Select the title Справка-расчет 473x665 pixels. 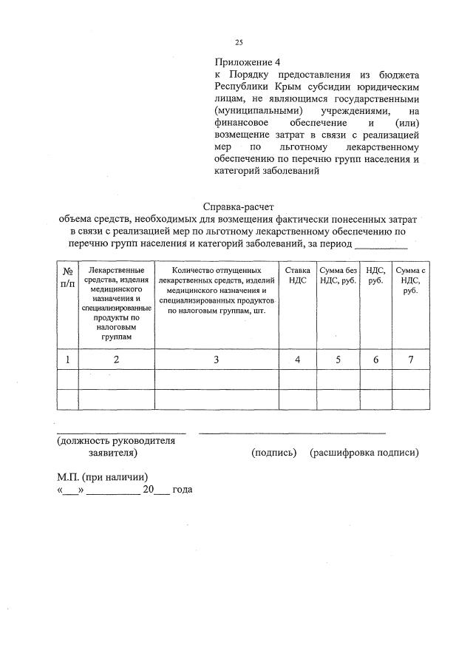pos(243,208)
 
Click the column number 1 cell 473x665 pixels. pos(67,359)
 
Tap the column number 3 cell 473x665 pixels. pos(217,359)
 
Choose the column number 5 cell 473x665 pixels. pos(337,359)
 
